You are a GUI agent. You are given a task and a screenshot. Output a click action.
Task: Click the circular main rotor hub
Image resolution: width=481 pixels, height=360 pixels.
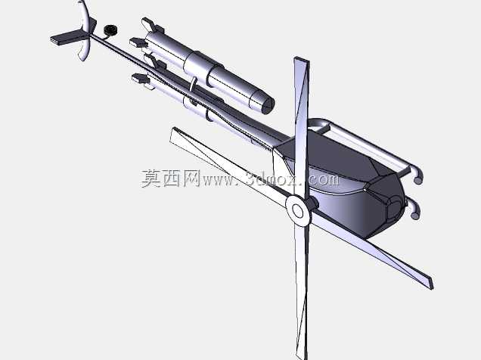click(x=297, y=210)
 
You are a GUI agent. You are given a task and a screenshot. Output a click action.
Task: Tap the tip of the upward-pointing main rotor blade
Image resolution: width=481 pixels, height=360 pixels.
click(x=301, y=59)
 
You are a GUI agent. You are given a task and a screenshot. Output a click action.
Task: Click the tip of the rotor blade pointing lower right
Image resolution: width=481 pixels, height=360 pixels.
click(x=432, y=285)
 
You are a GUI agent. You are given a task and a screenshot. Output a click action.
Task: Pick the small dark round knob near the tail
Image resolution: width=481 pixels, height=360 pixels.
click(x=110, y=30)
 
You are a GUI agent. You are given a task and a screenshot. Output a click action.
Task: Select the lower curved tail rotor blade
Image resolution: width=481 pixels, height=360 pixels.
click(x=85, y=49)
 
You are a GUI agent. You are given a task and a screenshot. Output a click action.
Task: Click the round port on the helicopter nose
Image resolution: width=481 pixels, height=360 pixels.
click(x=394, y=208)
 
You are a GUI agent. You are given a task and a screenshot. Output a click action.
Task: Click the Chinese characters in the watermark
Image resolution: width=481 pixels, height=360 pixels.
click(x=170, y=178)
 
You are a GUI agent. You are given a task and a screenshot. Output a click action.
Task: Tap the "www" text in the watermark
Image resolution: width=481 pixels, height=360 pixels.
click(x=216, y=180)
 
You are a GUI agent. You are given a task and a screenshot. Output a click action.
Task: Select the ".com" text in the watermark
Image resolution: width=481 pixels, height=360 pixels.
click(x=321, y=179)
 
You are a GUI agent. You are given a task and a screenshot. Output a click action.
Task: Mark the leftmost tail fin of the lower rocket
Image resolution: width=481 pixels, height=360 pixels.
click(x=141, y=79)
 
